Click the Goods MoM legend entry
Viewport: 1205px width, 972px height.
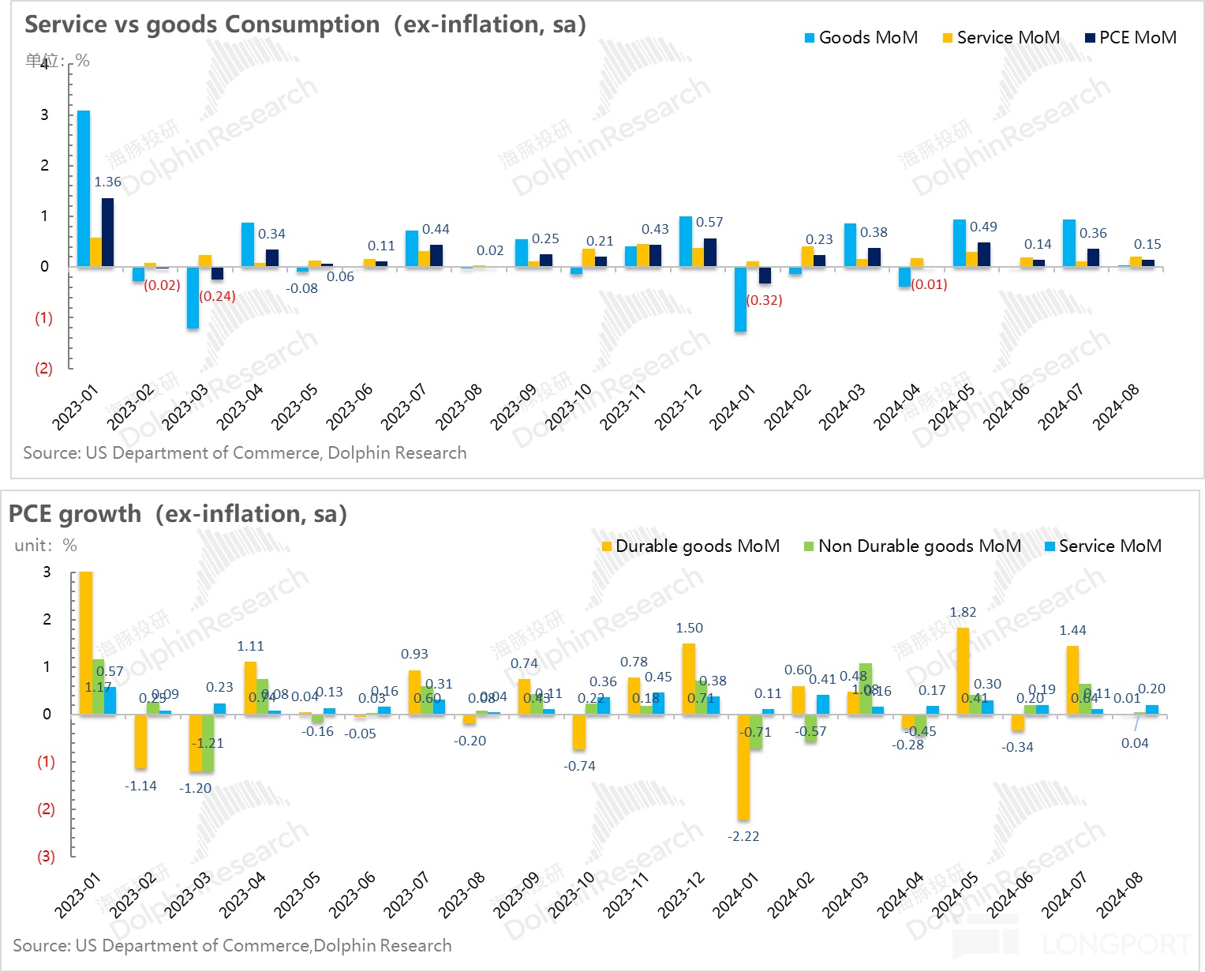pos(861,38)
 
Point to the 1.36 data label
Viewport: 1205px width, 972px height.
pos(107,182)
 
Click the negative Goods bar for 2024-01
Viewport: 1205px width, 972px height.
pos(740,299)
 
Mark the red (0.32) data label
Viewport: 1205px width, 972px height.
pos(764,301)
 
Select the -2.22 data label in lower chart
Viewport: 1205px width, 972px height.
pos(743,837)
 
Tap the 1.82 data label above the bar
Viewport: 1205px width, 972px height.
pos(963,613)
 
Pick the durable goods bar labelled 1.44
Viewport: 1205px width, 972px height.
pos(1072,680)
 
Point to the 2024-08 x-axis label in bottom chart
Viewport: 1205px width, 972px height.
pos(1120,895)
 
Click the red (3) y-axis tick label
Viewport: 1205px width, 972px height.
pos(47,857)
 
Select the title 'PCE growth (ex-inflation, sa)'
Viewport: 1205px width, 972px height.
pos(178,514)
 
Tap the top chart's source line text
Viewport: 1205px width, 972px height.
pos(245,453)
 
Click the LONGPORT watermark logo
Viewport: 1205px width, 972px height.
pos(1073,942)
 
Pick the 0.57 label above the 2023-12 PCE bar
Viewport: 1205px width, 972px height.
pos(709,223)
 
